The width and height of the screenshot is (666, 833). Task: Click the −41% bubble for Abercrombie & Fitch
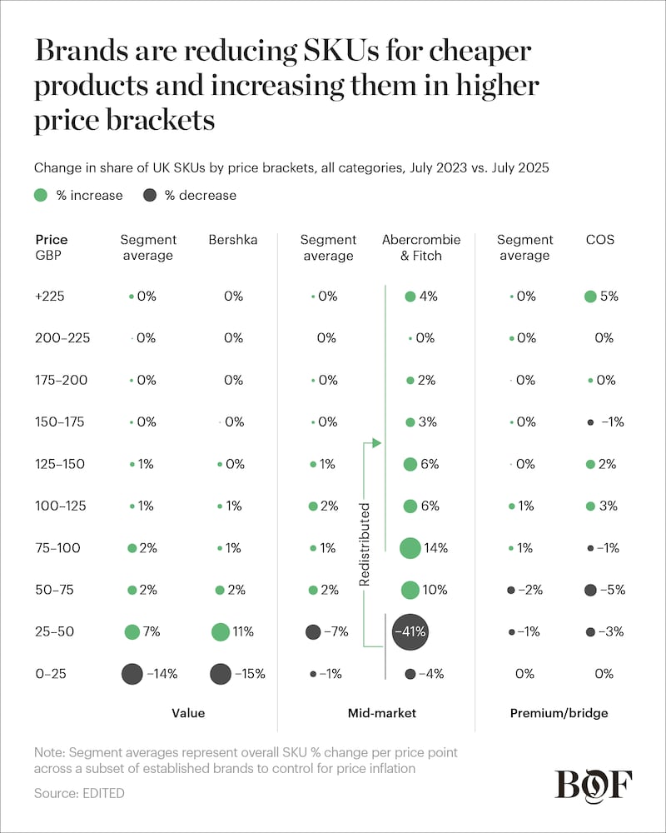[x=410, y=631]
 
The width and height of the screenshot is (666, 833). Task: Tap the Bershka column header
[x=233, y=240]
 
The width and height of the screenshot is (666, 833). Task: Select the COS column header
[x=599, y=240]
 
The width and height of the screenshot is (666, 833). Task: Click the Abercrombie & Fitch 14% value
[x=435, y=548]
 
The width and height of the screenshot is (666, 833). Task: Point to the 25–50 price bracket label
[x=55, y=631]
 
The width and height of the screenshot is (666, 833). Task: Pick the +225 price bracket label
[x=50, y=297]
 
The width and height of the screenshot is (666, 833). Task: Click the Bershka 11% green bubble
[x=221, y=631]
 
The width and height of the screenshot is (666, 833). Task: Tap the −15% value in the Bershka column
[x=251, y=674]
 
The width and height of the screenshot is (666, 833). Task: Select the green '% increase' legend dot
[x=40, y=196]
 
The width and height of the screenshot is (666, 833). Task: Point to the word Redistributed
[x=364, y=544]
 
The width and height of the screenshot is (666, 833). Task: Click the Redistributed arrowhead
[x=376, y=443]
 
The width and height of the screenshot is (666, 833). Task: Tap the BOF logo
[x=594, y=786]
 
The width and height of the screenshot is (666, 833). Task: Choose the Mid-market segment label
[x=381, y=713]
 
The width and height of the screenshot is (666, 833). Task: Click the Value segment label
[x=187, y=713]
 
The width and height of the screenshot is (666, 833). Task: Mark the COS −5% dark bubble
[x=590, y=590]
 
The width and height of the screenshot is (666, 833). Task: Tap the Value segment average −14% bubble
[x=132, y=674]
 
